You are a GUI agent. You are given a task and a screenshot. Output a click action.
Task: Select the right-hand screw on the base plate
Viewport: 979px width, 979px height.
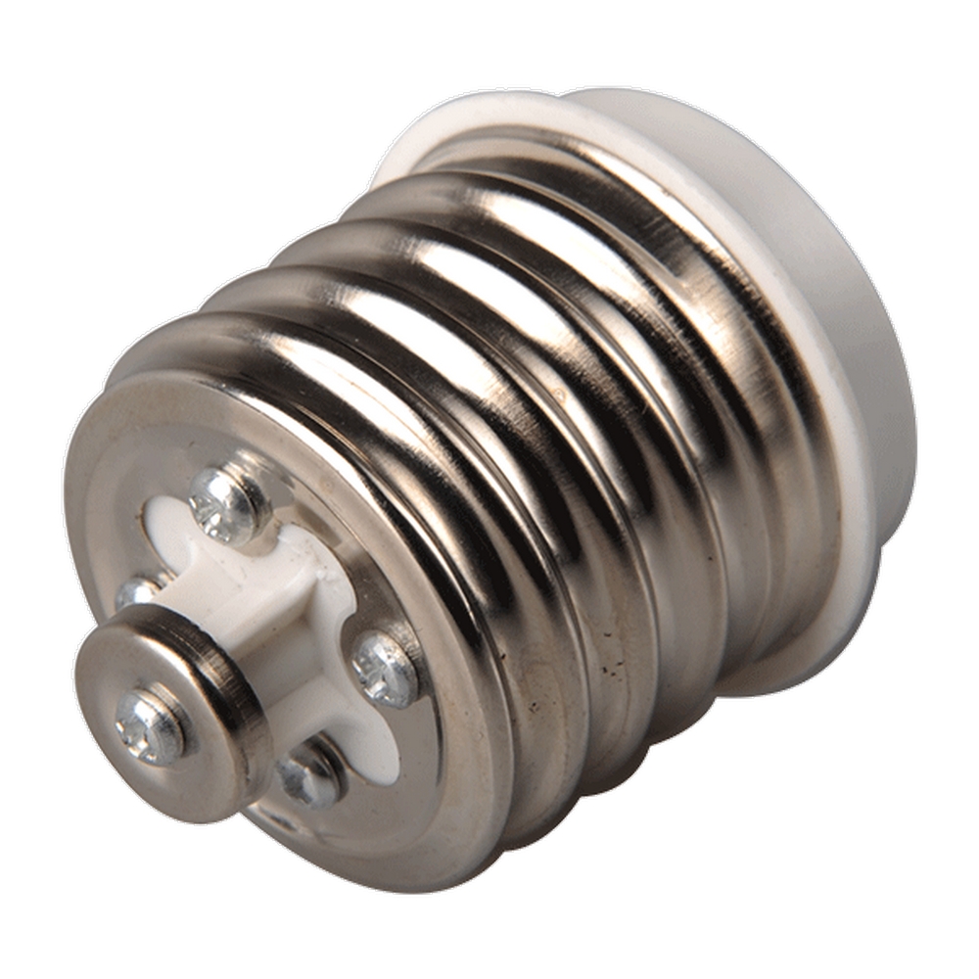tap(385, 670)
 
